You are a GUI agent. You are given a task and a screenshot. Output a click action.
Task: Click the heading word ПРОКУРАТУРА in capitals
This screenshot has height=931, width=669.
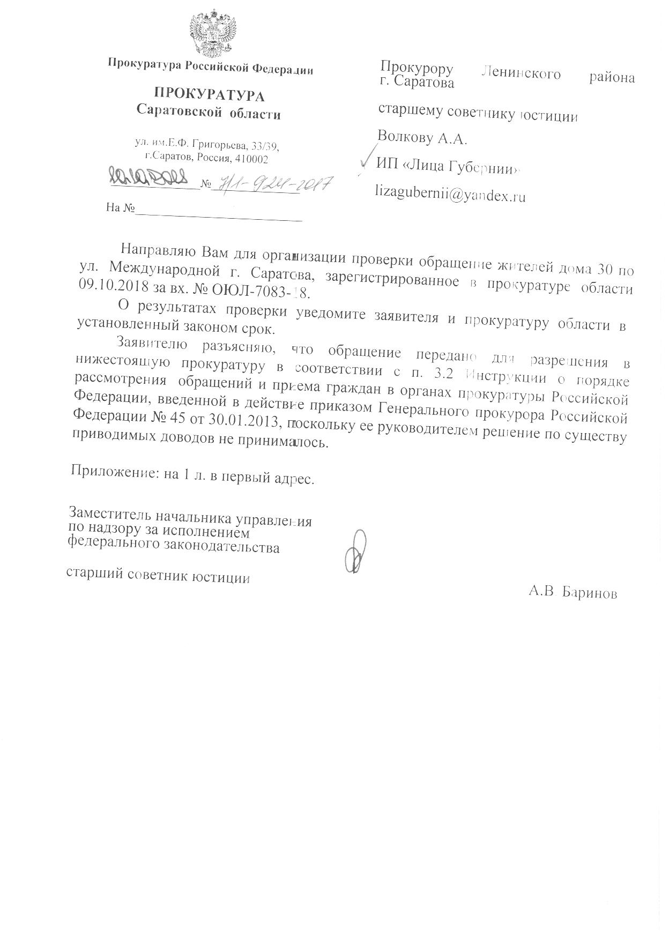pos(209,95)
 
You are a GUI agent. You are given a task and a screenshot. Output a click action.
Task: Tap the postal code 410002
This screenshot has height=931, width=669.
pos(251,159)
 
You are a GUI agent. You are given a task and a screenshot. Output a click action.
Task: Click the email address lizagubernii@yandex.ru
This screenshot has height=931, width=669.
pos(451,195)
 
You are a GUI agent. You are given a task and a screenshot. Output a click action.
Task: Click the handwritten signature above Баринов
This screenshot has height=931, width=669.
pos(356,552)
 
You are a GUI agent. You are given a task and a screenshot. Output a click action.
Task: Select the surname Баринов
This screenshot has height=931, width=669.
pos(590,593)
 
